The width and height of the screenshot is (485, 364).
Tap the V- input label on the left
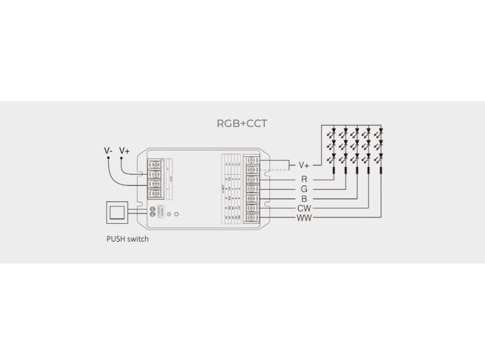point(108,151)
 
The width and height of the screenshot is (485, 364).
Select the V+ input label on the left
point(125,151)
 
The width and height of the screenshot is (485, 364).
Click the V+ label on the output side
point(304,165)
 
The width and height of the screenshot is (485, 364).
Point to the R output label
point(304,179)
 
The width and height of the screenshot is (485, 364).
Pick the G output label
point(304,189)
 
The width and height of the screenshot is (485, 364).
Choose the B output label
point(304,199)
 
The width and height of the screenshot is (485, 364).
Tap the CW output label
point(304,208)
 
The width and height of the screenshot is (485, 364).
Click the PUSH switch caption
point(127,239)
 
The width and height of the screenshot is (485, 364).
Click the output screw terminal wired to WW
point(251,218)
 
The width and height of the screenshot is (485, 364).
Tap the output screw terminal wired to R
point(251,180)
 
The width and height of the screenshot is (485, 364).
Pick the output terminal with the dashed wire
point(251,170)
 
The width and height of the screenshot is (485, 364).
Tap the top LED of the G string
point(346,130)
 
